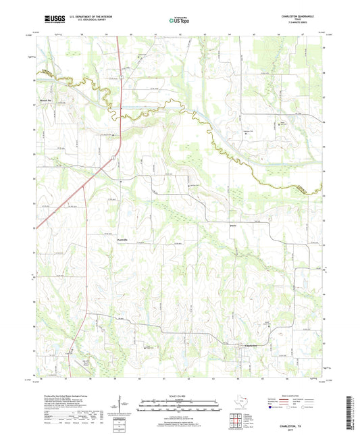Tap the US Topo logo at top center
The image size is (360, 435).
(x=179, y=20)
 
